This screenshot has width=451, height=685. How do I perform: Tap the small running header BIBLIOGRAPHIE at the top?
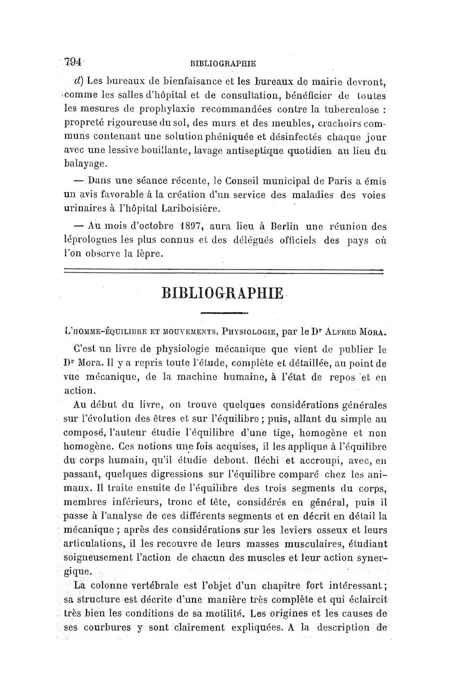[x=224, y=63]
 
